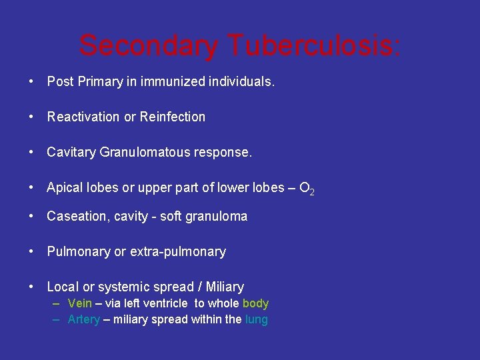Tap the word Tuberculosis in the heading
(314, 45)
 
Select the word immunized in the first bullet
(172, 82)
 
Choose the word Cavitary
(71, 153)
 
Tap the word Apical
(65, 188)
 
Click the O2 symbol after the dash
(307, 189)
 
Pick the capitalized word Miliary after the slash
(225, 287)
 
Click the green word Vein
(80, 304)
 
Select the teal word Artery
(84, 319)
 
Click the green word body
(255, 304)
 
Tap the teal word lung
(256, 319)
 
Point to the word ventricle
(167, 304)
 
